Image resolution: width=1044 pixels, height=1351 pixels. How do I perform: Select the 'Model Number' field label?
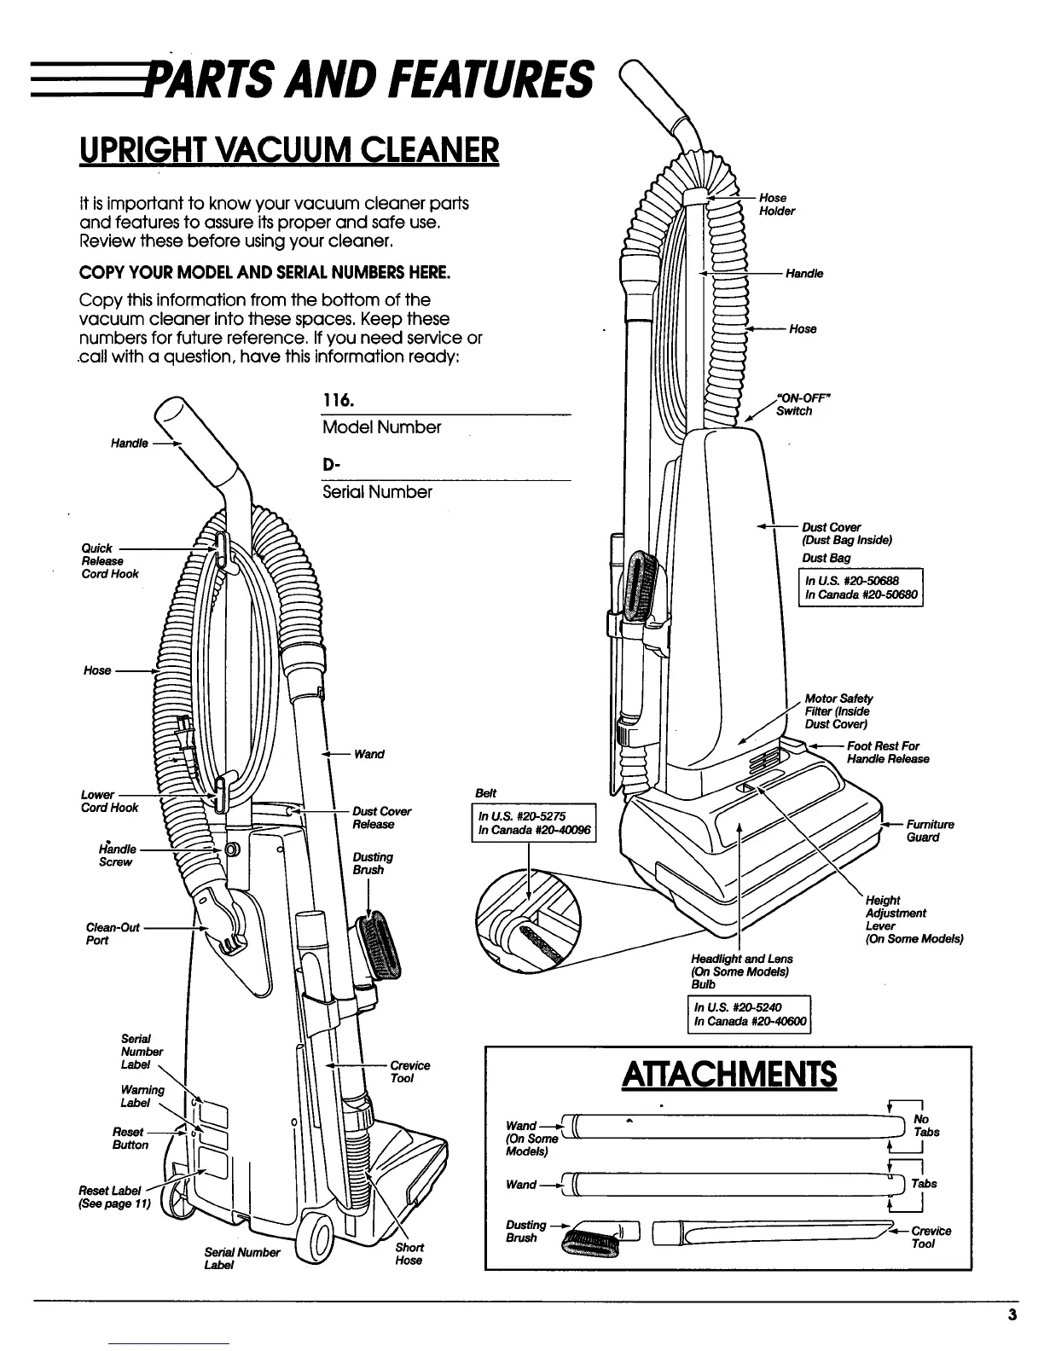(x=381, y=427)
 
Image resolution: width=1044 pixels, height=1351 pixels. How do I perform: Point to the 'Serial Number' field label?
(x=377, y=492)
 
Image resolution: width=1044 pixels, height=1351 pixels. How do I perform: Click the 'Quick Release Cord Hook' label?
(x=109, y=561)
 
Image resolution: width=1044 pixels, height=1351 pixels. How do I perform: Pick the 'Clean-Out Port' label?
(x=113, y=934)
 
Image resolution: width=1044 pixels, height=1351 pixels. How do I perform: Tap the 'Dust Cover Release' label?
(x=381, y=818)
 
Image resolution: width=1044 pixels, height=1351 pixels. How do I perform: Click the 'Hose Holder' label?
(x=776, y=205)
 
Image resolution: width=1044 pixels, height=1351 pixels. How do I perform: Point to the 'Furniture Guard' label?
(x=930, y=831)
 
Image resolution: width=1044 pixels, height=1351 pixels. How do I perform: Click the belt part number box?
(x=533, y=822)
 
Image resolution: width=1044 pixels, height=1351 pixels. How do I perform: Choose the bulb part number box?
(x=750, y=1014)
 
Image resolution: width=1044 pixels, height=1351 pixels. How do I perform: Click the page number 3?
(x=1012, y=1314)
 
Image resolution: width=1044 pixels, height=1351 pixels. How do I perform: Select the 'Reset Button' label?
(x=130, y=1139)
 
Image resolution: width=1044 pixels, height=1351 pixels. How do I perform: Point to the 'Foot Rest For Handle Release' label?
(x=887, y=752)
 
